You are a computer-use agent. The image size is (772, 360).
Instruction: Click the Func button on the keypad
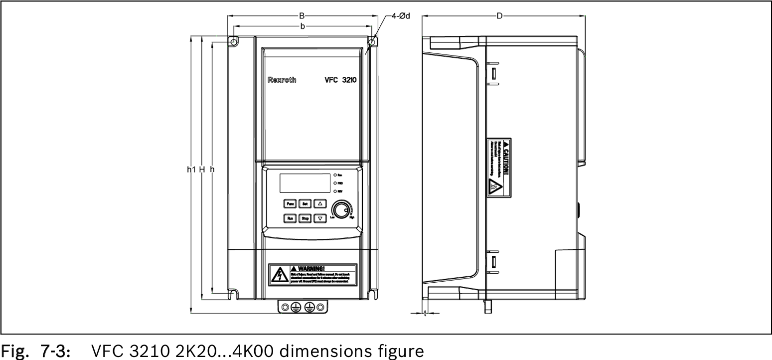click(290, 203)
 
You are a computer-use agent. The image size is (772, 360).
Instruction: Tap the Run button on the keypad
click(290, 218)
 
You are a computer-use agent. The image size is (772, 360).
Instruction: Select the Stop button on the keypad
click(305, 218)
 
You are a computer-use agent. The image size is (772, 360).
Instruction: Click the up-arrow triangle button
click(320, 203)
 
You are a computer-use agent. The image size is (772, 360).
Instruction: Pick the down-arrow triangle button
click(320, 218)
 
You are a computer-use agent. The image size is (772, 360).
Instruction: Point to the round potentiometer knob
click(341, 210)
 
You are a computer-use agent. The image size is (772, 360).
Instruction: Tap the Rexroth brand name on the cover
click(282, 80)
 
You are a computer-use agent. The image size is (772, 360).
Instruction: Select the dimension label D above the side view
click(499, 16)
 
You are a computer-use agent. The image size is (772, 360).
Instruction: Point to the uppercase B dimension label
click(302, 16)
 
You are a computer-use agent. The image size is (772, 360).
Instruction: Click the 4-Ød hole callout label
click(400, 16)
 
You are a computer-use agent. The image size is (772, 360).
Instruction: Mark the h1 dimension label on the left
click(190, 170)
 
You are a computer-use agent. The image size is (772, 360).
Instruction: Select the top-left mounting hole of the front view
click(233, 42)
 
